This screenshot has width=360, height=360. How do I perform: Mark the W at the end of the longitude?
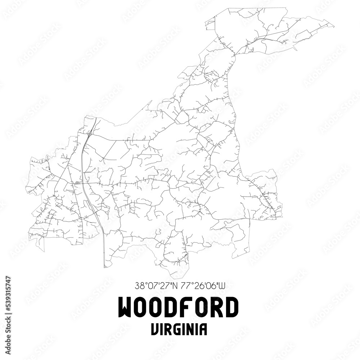click(223, 287)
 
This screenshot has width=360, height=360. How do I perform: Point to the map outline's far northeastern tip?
click(333, 25)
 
